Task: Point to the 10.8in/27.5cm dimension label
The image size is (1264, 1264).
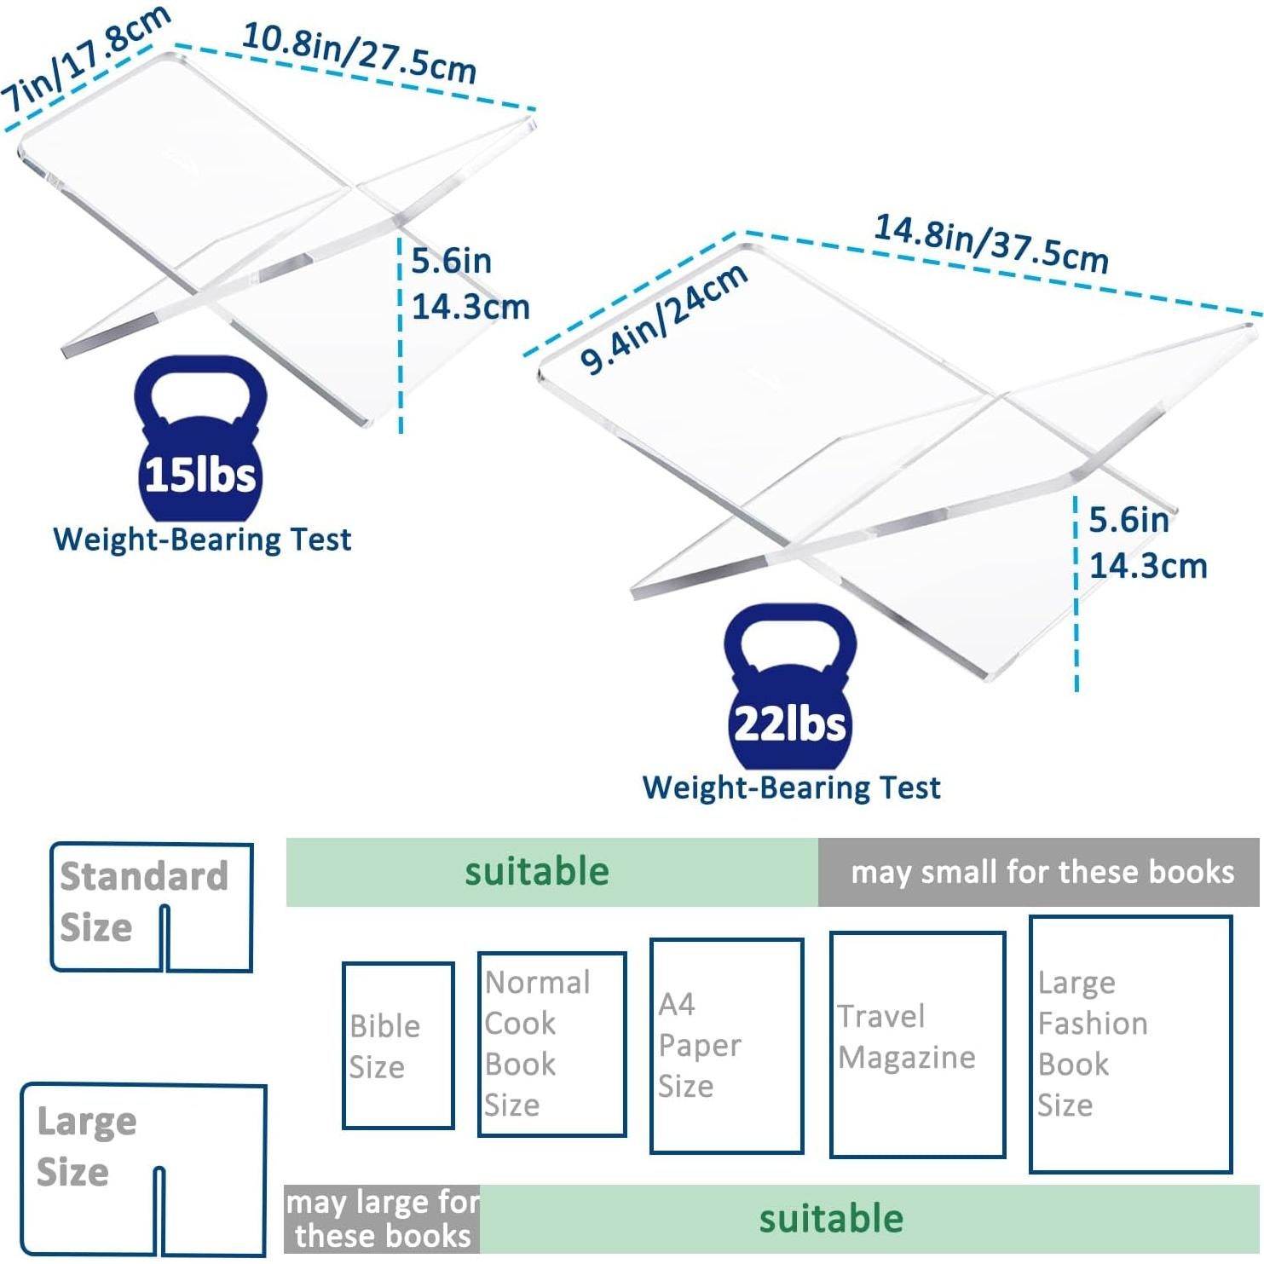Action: pos(359,52)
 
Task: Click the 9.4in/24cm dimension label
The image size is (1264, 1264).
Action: pos(664,320)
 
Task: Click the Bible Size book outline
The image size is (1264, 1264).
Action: pos(398,1046)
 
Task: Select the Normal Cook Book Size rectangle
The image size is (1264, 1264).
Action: pos(551,1044)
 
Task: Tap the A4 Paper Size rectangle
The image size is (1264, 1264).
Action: pos(726,1046)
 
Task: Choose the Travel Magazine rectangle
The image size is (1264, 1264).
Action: pos(917,1045)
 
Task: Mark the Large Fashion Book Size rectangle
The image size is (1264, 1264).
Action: pos(1130,1044)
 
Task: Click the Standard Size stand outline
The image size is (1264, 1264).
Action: pos(152,907)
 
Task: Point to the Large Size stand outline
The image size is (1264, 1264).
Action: pos(144,1169)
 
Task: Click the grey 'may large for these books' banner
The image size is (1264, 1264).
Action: pos(382,1219)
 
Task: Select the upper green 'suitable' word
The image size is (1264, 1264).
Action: pos(537,872)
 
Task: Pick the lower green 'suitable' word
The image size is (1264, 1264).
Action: pos(831,1219)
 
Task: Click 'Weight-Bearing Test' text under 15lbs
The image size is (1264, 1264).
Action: pos(202,540)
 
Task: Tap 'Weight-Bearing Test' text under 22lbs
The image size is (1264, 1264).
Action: pos(791,788)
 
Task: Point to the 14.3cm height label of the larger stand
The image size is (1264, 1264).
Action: pos(1148,566)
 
